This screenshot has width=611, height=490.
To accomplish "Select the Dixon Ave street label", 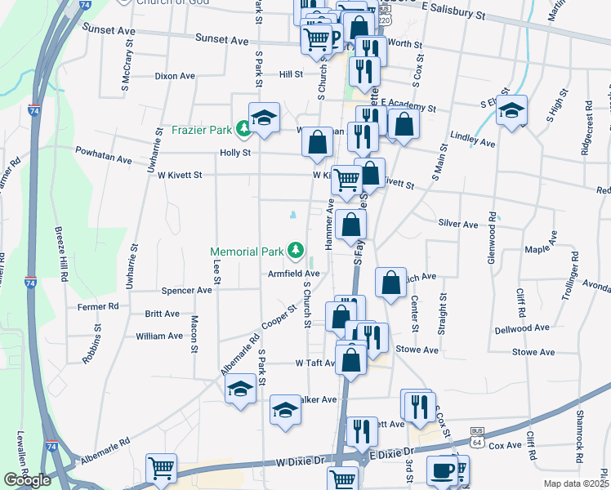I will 176,76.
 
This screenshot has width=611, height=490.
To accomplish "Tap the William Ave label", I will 159,336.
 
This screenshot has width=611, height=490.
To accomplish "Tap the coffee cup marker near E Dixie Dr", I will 443,470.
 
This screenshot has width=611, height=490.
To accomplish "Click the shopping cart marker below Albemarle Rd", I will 162,469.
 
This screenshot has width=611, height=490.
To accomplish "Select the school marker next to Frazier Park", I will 265,118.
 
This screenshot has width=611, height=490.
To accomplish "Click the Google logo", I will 27,480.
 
